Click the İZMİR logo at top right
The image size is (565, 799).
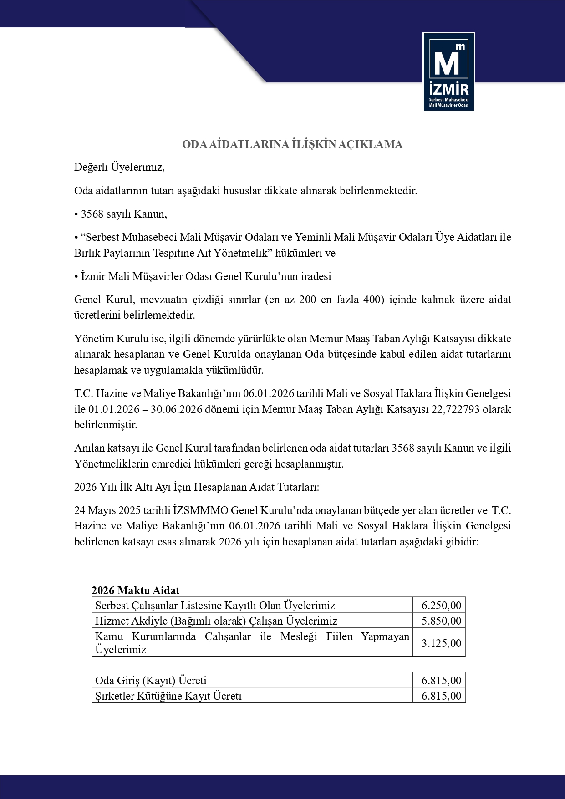coord(448,71)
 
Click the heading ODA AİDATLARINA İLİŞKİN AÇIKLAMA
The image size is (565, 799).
coord(292,144)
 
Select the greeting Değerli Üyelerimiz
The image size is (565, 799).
coord(119,167)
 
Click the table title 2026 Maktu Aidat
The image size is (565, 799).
coord(136,590)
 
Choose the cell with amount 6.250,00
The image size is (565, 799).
coord(441,606)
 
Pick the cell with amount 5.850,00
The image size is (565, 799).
coord(441,621)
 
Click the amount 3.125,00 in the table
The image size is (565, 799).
coord(441,643)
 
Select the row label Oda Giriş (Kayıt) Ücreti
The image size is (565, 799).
coord(151,681)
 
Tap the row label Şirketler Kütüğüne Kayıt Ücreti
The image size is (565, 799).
coord(168,696)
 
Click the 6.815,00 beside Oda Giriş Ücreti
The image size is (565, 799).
coord(441,681)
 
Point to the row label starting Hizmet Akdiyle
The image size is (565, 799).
coord(216,621)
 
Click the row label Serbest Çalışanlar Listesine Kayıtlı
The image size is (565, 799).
coord(215,606)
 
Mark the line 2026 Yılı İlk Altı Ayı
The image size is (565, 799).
coord(197,487)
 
